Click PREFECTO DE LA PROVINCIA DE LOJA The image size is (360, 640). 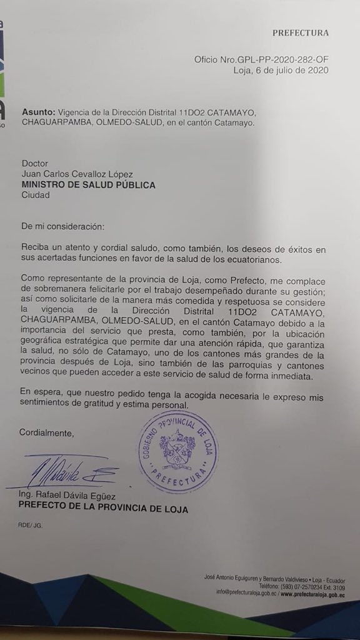click(x=102, y=509)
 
